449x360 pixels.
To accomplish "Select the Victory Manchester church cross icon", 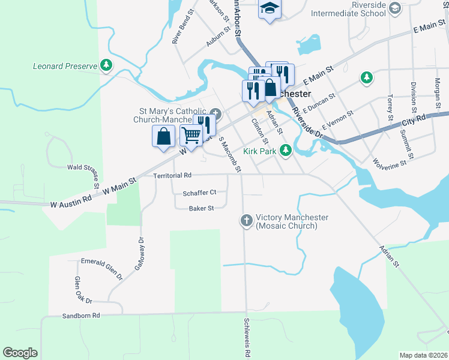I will coord(246,221).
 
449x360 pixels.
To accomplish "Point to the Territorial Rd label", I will coord(172,176).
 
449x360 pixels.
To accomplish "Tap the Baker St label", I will coord(202,208).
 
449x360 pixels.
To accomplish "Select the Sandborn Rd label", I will coord(80,315).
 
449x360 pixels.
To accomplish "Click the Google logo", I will coord(20,352).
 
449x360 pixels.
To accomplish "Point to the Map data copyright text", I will coord(423,355).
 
